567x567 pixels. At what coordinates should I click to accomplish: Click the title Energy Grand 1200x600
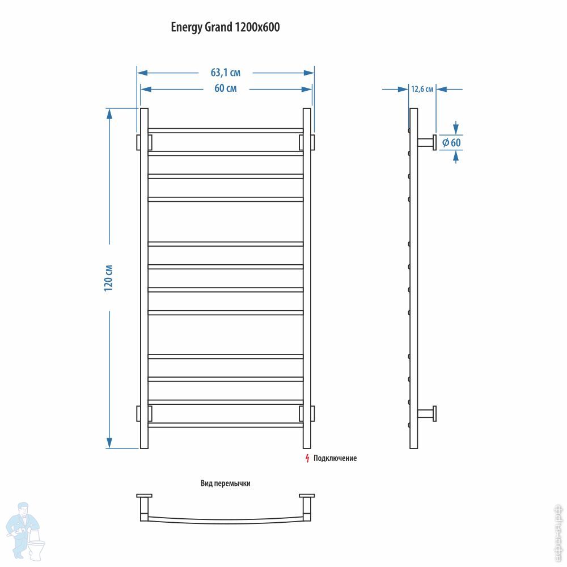click(x=225, y=27)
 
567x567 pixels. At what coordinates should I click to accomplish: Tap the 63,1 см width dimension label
click(x=226, y=73)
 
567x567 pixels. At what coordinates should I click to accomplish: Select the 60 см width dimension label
click(x=226, y=88)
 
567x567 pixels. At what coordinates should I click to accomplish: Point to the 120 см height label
click(x=108, y=278)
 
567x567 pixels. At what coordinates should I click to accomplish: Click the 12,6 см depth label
click(x=422, y=89)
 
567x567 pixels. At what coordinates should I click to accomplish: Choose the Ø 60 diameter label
click(x=452, y=142)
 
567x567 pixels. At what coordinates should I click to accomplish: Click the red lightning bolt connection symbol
click(x=307, y=458)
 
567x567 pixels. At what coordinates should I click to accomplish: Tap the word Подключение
click(x=335, y=458)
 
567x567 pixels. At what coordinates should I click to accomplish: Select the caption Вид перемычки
click(x=225, y=484)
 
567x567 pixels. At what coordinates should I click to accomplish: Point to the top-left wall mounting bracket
click(x=144, y=142)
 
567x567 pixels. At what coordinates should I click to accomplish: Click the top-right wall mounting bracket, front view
click(x=307, y=142)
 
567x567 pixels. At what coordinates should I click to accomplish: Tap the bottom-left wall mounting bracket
click(x=144, y=413)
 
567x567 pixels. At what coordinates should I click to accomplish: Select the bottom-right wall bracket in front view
click(x=307, y=413)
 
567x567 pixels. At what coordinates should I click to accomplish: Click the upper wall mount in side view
click(x=427, y=142)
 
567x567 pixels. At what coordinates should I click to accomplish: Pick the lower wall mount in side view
click(x=427, y=414)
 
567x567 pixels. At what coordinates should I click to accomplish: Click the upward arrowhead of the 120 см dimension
click(x=109, y=113)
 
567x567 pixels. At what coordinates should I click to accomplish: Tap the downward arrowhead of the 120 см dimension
click(x=109, y=443)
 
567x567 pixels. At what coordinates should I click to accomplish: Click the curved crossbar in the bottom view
click(x=226, y=521)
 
